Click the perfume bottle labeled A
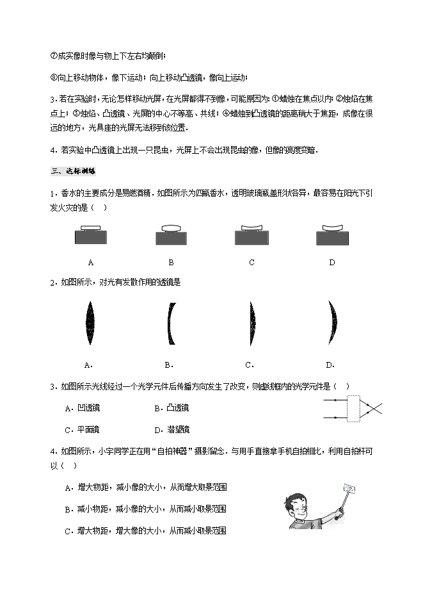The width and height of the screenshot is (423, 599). point(91,236)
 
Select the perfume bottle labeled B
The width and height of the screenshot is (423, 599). point(172,236)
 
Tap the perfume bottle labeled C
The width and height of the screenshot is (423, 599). point(251,236)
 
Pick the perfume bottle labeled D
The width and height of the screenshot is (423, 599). point(332,236)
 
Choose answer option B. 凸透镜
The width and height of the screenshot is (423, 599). point(172,408)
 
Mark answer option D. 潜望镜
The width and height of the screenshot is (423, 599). point(172,429)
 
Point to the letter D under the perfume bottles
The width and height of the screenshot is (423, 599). point(332,262)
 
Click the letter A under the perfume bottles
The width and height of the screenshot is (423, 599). point(91,262)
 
